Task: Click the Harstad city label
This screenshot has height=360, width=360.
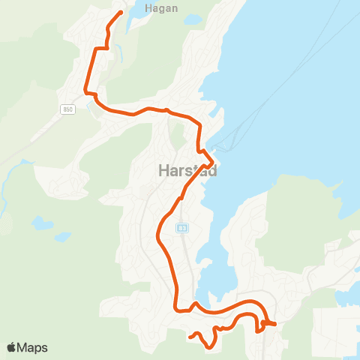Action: tap(187, 171)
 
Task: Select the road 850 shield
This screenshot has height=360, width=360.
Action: tap(68, 109)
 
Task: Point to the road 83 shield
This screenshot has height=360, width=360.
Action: tap(182, 228)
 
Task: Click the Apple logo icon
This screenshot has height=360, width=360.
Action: tap(12, 347)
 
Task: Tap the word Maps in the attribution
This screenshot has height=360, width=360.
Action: tap(32, 347)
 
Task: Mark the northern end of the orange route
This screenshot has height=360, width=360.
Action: tap(121, 13)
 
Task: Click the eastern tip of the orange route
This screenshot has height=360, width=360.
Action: tap(275, 324)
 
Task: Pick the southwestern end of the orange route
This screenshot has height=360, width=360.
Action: tap(190, 337)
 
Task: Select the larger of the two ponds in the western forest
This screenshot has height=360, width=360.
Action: tap(43, 223)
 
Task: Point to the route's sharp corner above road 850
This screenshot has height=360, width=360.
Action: tap(86, 93)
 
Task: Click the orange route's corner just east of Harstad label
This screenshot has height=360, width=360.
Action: tap(214, 161)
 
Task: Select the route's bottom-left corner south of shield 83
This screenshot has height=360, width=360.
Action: tap(176, 308)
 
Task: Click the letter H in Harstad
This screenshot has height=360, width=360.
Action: tap(164, 171)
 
